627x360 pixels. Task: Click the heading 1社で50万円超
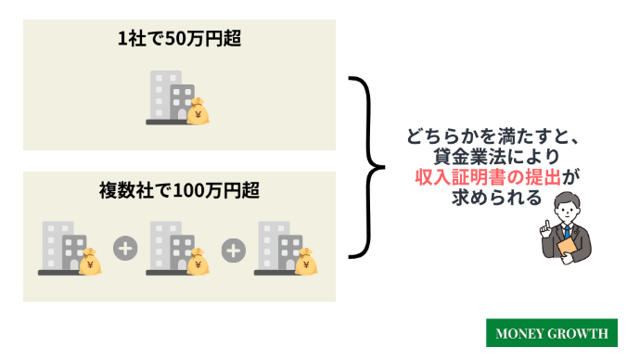pos(179,41)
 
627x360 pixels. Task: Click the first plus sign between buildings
pos(123,249)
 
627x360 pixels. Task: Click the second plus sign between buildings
pos(233,249)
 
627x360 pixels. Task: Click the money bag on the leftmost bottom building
pos(91,264)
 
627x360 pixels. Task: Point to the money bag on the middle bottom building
pos(198,264)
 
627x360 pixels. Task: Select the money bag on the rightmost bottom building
pos(307,264)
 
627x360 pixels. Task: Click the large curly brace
pos(365,167)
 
